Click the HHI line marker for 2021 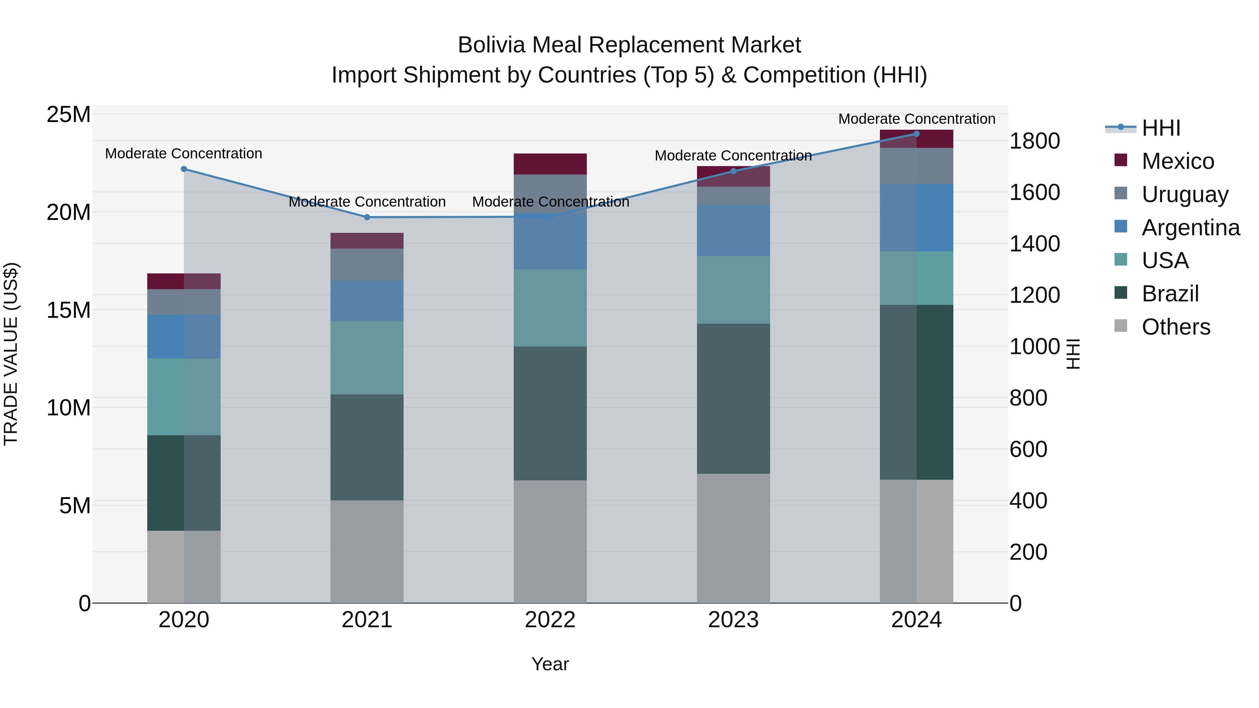[x=367, y=217]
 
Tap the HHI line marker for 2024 [x=916, y=134]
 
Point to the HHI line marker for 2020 [x=184, y=169]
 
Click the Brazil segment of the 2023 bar [x=733, y=398]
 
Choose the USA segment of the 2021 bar [x=367, y=358]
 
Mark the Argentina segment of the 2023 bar [x=733, y=230]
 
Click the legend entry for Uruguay [x=1185, y=194]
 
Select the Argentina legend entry [x=1190, y=227]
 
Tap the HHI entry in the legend [x=1161, y=128]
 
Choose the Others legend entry [x=1175, y=327]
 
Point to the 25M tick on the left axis [x=69, y=115]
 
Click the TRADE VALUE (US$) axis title [x=11, y=354]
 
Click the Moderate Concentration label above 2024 [x=916, y=119]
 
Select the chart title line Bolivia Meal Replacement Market [x=629, y=45]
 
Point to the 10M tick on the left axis [x=69, y=408]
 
